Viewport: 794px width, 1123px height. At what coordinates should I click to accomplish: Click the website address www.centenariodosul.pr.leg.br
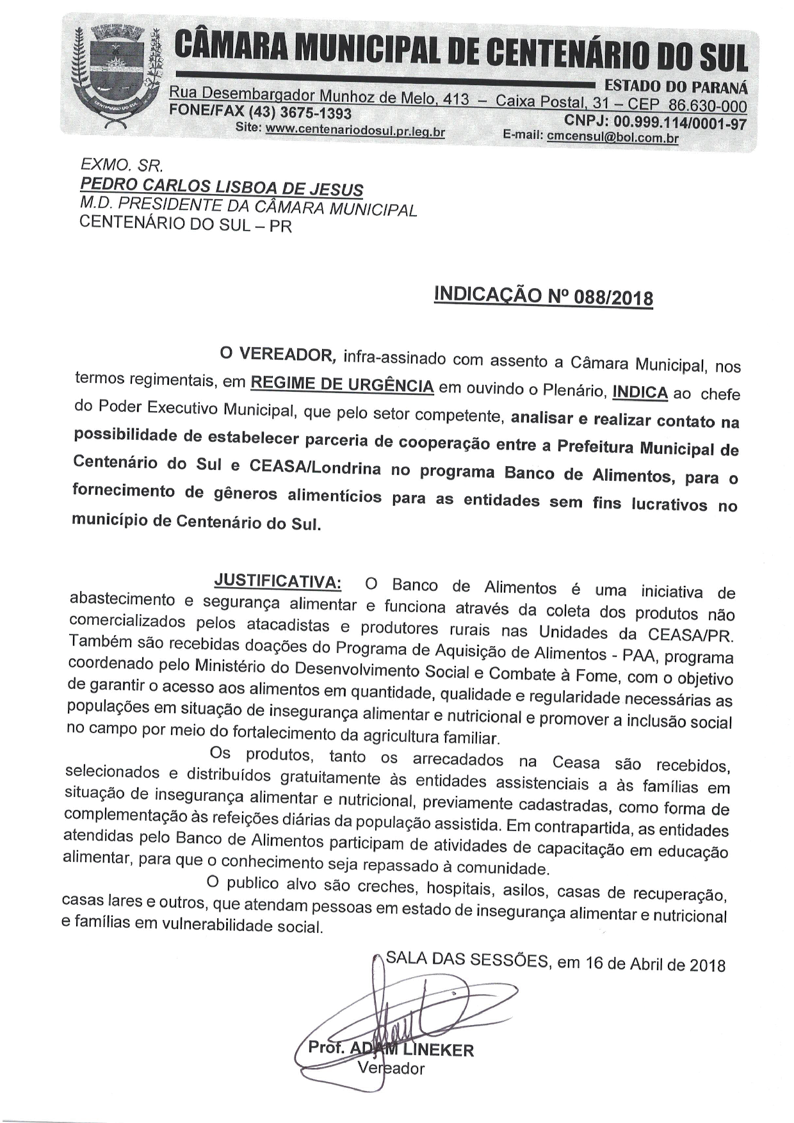355,130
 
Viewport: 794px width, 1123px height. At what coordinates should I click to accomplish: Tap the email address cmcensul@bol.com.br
612,136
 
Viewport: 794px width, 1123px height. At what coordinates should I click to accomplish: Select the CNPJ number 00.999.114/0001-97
680,122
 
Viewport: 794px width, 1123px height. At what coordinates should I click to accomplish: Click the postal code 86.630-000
707,106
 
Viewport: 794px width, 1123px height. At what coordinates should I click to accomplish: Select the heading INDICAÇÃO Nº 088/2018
544,296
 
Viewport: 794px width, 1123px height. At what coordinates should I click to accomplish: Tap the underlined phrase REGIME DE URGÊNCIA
342,384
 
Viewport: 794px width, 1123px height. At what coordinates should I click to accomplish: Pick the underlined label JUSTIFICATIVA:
277,581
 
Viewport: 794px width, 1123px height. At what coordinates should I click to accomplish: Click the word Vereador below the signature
391,1068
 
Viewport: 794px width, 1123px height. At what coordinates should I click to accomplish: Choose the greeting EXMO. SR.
122,165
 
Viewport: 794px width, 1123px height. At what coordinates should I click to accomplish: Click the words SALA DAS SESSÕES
467,960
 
